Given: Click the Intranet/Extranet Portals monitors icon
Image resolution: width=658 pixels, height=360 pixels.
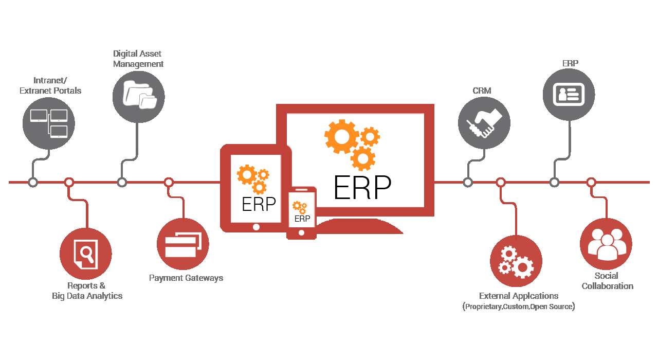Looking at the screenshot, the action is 49,123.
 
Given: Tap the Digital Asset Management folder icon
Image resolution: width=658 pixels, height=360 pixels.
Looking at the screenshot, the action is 139,95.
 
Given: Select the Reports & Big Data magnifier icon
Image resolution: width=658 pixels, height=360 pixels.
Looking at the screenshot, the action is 86,254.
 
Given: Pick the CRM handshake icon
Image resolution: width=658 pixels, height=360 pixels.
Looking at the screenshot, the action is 484,123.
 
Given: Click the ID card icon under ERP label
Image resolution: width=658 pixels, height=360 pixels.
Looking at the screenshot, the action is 569,95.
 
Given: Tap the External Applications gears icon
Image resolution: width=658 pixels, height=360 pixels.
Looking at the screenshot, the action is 516,262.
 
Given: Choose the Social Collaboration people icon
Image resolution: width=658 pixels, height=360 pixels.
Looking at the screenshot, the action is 606,245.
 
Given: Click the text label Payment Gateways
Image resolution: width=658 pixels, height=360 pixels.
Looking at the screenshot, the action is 186,278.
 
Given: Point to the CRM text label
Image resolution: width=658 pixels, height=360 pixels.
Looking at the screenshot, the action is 482,91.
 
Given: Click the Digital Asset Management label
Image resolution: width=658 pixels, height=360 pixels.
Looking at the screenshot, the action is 138,59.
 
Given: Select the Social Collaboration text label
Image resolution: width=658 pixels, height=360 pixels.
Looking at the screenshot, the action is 608,281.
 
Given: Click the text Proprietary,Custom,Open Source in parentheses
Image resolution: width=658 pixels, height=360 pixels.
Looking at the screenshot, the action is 519,307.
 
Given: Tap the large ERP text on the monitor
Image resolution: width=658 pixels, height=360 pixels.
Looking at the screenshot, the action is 362,187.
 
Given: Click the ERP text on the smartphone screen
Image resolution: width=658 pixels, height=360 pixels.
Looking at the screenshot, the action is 302,219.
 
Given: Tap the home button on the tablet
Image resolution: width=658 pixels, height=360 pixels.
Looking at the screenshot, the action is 256,227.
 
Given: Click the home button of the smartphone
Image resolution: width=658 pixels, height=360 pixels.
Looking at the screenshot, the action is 301,233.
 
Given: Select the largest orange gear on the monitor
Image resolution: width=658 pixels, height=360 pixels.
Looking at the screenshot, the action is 342,137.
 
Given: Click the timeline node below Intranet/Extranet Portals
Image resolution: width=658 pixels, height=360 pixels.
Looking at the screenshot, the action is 33,183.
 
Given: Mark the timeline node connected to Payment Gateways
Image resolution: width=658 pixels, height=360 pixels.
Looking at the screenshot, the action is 169,183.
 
